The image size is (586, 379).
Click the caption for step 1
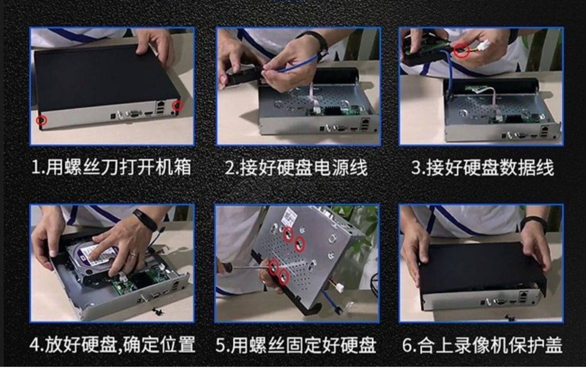tap(111, 168)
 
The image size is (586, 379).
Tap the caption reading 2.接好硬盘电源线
tap(296, 168)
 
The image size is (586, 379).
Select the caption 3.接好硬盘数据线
tap(482, 168)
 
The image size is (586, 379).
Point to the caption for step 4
tap(113, 345)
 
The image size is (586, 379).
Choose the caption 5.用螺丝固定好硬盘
tap(296, 345)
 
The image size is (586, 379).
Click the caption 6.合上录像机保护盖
tap(482, 345)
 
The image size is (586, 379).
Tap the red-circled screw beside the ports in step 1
tap(177, 105)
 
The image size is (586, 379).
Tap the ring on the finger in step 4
tap(134, 254)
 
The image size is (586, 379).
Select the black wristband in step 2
tap(316, 42)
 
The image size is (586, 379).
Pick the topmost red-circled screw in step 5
tap(288, 234)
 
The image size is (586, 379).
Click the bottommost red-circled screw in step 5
tap(283, 277)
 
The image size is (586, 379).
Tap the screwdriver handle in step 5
tap(225, 268)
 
